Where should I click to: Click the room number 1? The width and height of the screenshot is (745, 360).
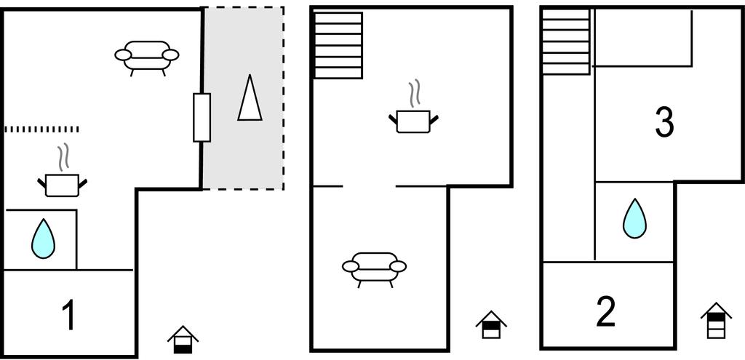click(x=69, y=316)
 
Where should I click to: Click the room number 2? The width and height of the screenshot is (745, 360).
click(x=605, y=311)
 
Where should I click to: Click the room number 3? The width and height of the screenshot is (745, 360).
click(x=664, y=122)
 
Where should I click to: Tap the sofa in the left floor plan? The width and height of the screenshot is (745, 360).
click(x=147, y=56)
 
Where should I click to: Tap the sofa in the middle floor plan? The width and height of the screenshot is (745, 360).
click(x=374, y=267)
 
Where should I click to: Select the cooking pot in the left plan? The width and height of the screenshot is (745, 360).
click(x=62, y=185)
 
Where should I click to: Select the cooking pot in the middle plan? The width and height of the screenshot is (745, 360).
click(x=413, y=121)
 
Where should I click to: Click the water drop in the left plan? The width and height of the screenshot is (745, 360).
click(x=44, y=239)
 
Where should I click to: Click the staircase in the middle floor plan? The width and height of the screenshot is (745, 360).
click(x=338, y=45)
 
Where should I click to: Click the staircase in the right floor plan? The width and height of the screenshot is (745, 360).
click(x=566, y=41)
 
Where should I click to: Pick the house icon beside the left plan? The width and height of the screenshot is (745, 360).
click(x=183, y=340)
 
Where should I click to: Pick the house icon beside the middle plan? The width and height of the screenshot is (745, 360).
click(x=491, y=324)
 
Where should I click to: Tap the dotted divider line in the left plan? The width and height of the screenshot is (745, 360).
click(x=41, y=129)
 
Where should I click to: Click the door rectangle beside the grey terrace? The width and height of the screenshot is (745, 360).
click(x=202, y=117)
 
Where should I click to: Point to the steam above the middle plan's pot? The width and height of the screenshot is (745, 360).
click(x=415, y=94)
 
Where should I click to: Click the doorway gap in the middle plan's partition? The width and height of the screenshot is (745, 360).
click(x=369, y=186)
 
